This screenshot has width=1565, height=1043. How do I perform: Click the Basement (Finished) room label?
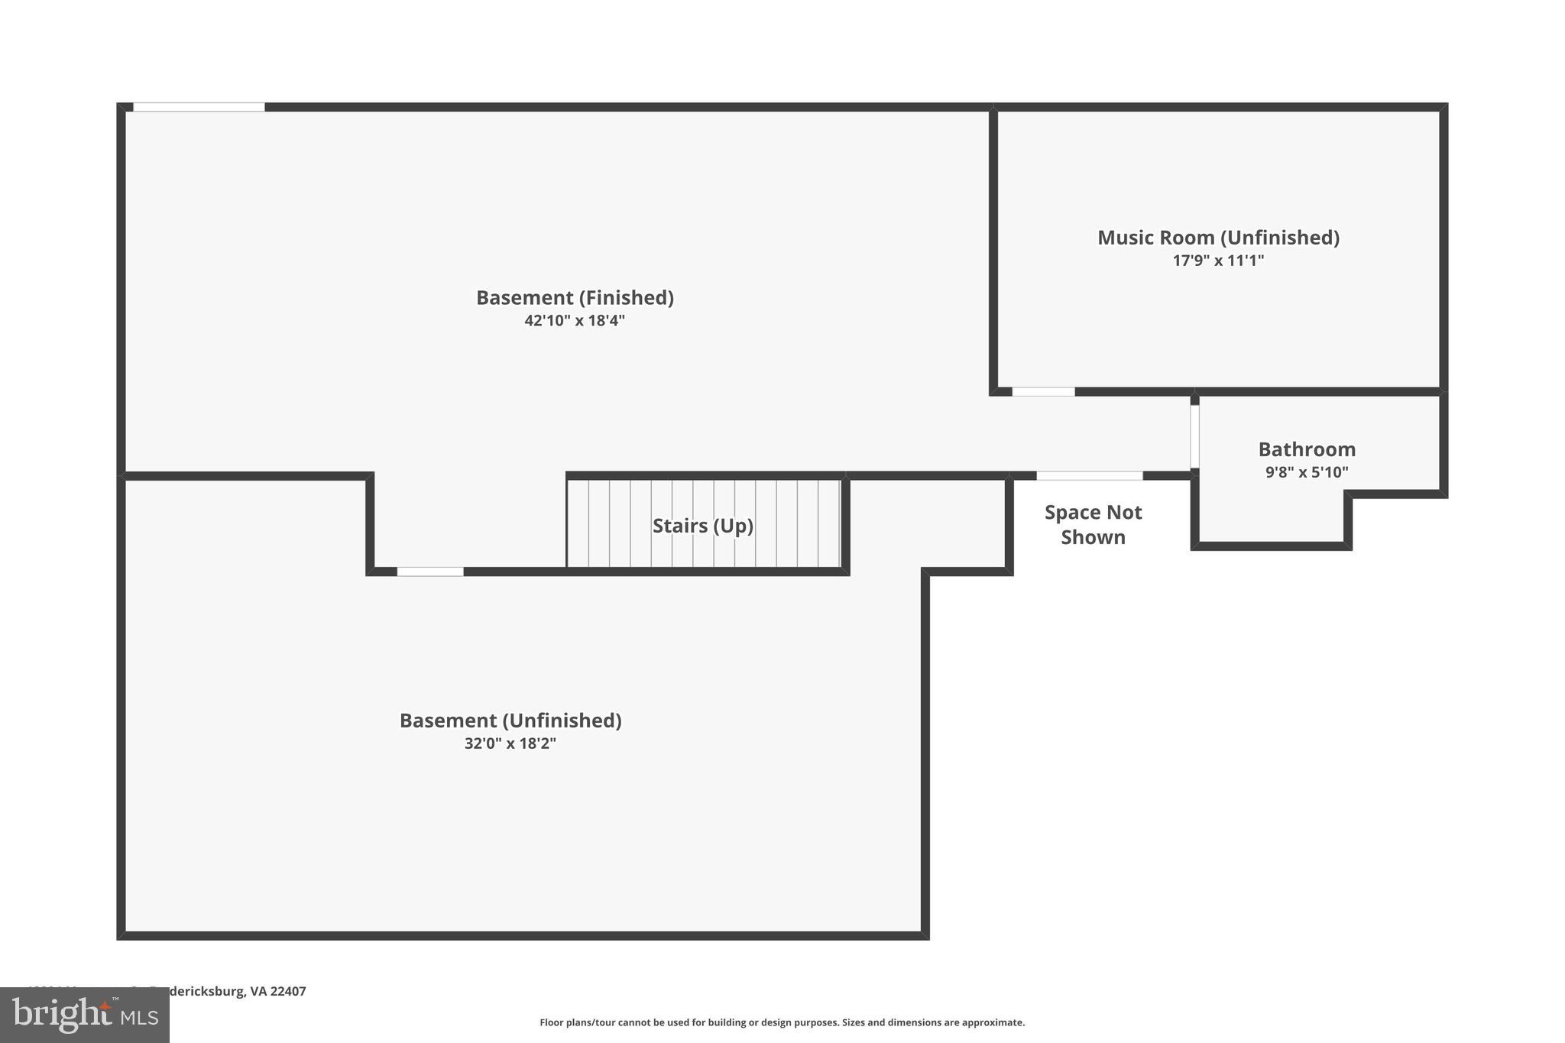pos(575,297)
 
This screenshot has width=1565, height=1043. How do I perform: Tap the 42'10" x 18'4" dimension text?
pos(575,321)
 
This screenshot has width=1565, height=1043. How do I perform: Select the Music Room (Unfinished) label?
pos(1218,238)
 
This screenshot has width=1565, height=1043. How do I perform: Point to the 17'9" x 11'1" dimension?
pos(1218,261)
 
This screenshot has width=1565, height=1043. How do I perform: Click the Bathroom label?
pos(1307,449)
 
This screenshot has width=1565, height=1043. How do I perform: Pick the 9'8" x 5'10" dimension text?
pos(1307,472)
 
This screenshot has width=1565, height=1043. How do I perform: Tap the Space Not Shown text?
pos(1093,524)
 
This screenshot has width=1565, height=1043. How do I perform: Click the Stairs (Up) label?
pos(702,526)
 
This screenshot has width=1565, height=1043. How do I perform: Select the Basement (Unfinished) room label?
pos(510,721)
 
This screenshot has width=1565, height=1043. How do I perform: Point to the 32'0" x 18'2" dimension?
pos(510,743)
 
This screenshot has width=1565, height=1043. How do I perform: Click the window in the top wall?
pos(199,107)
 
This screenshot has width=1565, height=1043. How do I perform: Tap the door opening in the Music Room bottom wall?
pos(1043,392)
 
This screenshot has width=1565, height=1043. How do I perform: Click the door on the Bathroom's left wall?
pos(1194,436)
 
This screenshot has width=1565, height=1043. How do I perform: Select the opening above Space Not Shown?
pos(1089,476)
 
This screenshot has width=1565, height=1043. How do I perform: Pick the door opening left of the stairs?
pos(430,572)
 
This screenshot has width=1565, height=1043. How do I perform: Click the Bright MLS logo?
pos(85,1015)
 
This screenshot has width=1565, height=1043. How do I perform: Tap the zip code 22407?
pos(288,991)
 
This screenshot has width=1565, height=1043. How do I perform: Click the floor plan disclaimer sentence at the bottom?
pos(782,1022)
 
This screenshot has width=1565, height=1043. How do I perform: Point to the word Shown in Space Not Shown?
pos(1093,537)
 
